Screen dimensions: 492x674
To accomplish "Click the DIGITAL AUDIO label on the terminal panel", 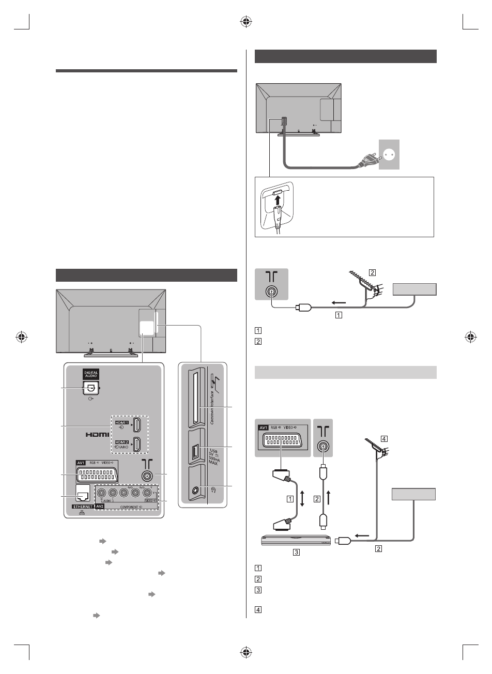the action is coord(90,375).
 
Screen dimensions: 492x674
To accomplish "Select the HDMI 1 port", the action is coord(137,425).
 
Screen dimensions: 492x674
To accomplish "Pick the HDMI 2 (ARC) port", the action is coord(137,445).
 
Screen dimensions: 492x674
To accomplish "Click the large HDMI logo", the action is coord(97,435).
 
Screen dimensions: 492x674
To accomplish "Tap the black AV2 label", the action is coord(100,507).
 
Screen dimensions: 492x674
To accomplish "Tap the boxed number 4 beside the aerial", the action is coord(383,438).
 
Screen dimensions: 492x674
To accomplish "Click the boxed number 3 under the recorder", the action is coord(296,552).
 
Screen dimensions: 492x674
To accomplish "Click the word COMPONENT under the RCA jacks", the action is coord(130,507).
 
